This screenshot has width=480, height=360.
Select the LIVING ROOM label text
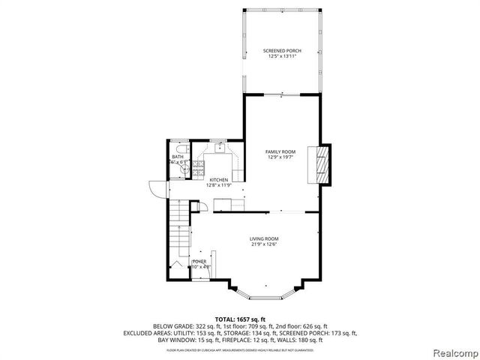click(265, 239)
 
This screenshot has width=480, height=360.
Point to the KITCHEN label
click(218, 180)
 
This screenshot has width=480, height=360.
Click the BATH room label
click(177, 157)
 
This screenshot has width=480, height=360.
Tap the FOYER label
click(199, 261)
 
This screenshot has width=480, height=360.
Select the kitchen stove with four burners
click(199, 169)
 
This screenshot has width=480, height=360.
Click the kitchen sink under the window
click(220, 149)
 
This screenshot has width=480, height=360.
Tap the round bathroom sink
click(181, 169)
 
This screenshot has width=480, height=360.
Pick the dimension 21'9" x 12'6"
click(265, 245)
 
